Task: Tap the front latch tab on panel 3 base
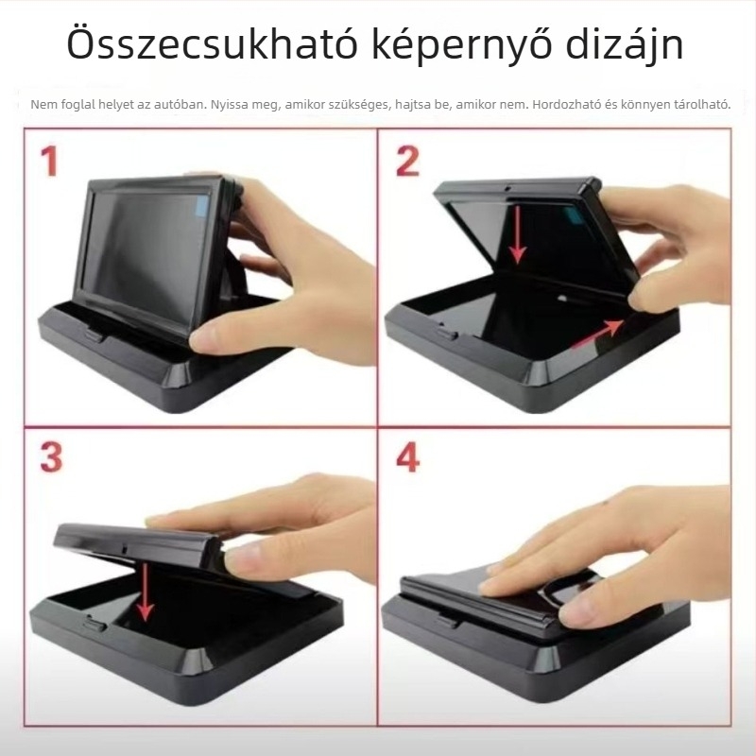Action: click(x=94, y=623)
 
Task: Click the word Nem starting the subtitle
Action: click(x=42, y=104)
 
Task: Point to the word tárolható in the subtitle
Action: click(x=700, y=104)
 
